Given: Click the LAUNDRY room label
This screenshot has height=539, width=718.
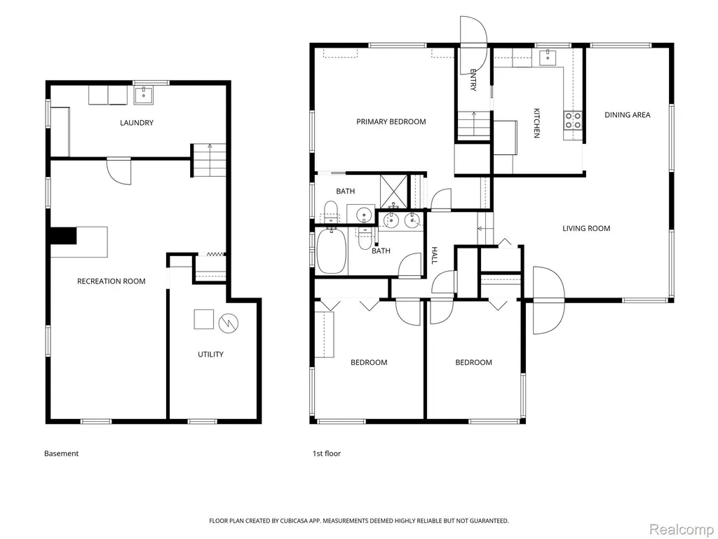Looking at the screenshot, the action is coord(137,123).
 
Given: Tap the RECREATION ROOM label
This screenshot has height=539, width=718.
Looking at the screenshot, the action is coord(111,281).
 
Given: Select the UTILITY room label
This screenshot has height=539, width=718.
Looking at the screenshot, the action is coord(210,354).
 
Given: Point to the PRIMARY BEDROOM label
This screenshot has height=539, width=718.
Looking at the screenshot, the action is coord(391,122).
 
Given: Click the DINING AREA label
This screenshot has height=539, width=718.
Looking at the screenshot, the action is coord(628,115).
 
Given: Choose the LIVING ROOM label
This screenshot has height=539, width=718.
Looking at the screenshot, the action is coord(586,229).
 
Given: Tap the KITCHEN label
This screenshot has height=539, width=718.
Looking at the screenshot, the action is coord(536,123).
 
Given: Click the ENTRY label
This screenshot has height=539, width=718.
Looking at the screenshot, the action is coord(473,80).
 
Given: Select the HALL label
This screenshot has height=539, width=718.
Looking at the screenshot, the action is coord(435,255).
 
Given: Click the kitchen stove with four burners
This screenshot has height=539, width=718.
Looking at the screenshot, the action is coord(573,121).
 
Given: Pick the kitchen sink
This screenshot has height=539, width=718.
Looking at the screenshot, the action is coord(547,58).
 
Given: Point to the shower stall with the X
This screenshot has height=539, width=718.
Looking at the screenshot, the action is coord(394,189).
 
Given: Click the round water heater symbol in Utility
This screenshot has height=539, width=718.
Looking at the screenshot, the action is coord(229,323).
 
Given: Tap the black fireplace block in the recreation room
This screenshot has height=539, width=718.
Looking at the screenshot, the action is coord(63,236).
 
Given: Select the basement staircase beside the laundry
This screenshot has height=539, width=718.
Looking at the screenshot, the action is coord(209,160).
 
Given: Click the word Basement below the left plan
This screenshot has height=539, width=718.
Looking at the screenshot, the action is coord(62,453).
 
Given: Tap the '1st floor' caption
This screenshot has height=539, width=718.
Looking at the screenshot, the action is coord(327,453).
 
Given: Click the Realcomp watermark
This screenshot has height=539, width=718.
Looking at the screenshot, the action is coord(682,529).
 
